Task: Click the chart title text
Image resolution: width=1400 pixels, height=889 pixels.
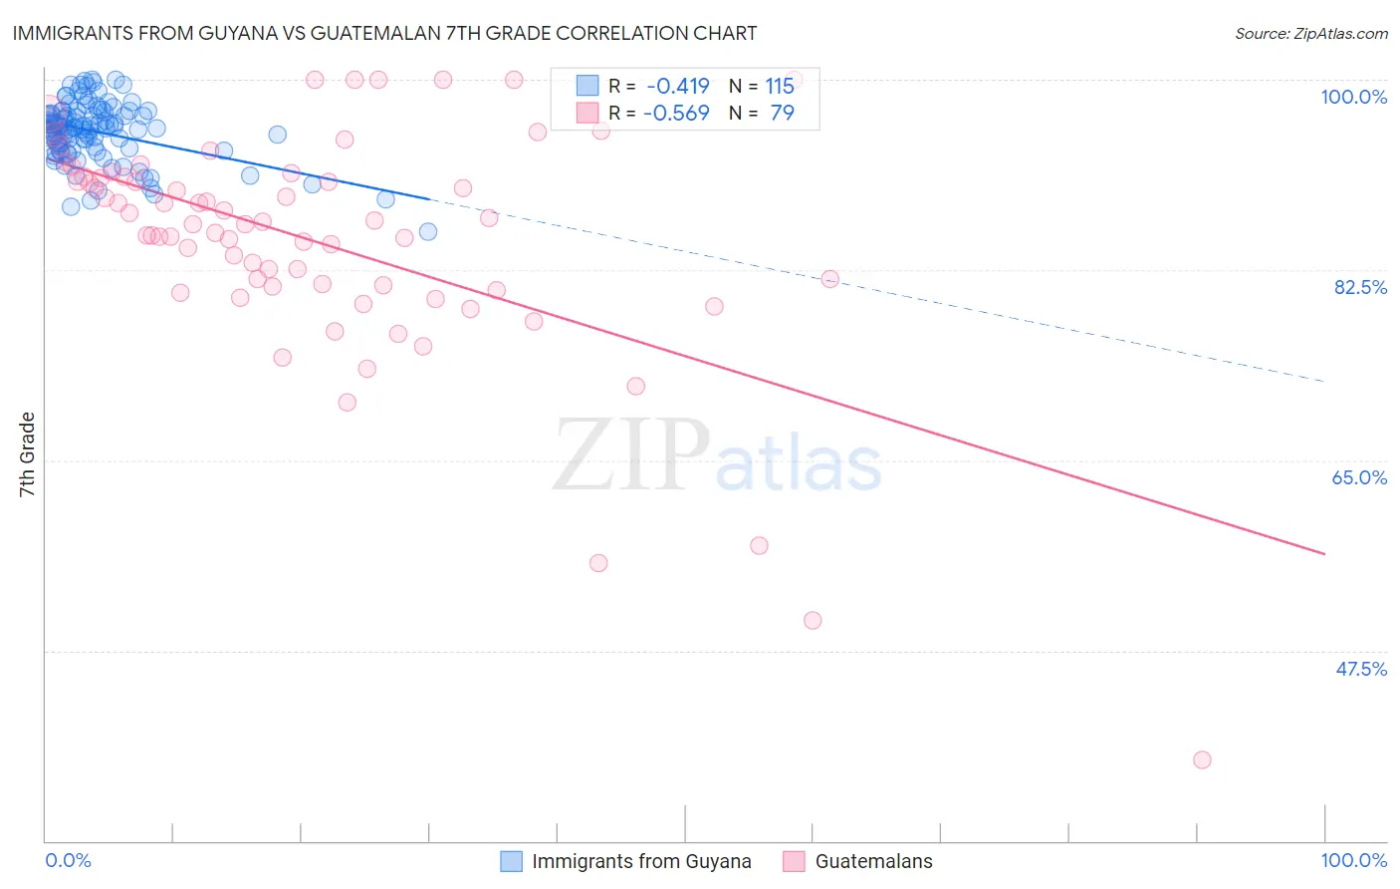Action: click(384, 33)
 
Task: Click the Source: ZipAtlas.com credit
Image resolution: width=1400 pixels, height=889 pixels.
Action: click(1310, 33)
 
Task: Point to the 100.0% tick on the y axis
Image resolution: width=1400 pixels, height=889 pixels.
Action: click(1353, 97)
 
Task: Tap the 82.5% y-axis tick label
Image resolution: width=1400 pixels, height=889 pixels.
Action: click(1359, 287)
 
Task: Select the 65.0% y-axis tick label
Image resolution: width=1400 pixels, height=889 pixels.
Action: click(1359, 477)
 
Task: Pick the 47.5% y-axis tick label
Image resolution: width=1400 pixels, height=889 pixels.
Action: click(1360, 669)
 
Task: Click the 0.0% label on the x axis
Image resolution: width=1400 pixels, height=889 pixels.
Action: click(68, 860)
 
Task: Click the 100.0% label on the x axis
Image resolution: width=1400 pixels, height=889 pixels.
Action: click(1353, 860)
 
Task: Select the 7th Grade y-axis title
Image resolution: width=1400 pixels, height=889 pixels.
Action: click(27, 454)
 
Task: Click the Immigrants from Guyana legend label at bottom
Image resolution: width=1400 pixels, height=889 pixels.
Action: click(641, 861)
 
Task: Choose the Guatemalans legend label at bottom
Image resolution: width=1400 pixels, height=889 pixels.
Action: click(873, 861)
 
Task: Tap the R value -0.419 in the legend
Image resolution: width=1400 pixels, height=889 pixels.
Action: click(677, 86)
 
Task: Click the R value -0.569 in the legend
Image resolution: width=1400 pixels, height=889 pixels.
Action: click(677, 113)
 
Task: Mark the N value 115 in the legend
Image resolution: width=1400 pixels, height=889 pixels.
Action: click(780, 86)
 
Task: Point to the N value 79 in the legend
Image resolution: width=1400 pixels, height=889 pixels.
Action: click(782, 113)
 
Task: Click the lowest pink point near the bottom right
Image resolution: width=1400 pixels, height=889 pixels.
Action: click(1202, 759)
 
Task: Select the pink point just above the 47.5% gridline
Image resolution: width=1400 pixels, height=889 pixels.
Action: click(813, 620)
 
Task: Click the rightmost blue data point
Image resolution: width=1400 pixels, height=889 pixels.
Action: click(428, 232)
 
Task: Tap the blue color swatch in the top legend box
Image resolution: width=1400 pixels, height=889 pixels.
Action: click(587, 86)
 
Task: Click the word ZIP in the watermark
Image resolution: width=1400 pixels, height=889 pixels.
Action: click(631, 456)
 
